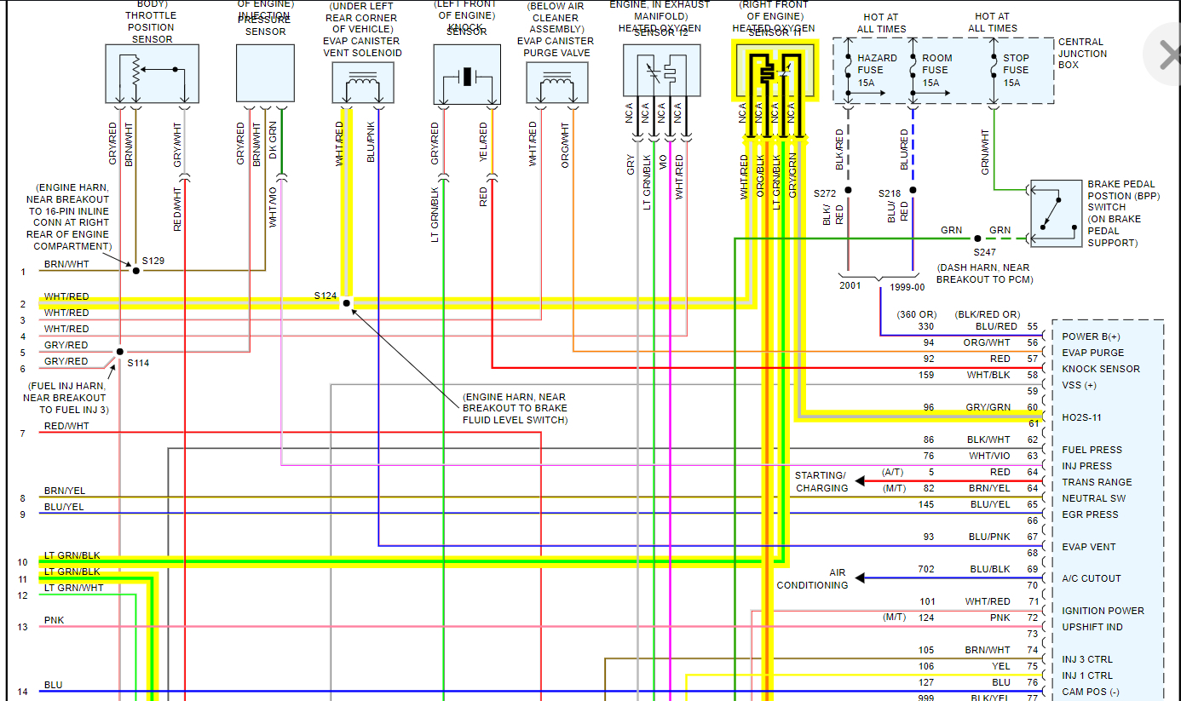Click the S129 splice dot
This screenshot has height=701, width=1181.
(x=135, y=270)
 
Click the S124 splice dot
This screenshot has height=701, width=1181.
(x=347, y=302)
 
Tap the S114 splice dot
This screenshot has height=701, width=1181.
(x=120, y=351)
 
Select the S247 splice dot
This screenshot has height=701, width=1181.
(x=977, y=238)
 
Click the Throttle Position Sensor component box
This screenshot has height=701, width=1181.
(x=152, y=74)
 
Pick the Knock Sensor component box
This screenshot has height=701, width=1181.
(x=466, y=74)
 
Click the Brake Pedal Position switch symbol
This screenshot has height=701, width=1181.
(x=1056, y=213)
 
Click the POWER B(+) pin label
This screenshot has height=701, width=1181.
(x=1091, y=336)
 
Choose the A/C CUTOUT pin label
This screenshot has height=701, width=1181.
(x=1091, y=578)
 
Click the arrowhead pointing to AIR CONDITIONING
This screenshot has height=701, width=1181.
(x=860, y=578)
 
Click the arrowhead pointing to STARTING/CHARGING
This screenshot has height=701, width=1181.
(x=860, y=481)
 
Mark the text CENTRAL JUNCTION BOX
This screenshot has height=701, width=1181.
(x=1082, y=53)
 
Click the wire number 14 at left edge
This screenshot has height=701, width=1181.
(x=22, y=692)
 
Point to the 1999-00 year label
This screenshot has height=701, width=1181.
(x=907, y=287)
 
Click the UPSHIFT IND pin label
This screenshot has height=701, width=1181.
(x=1092, y=627)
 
